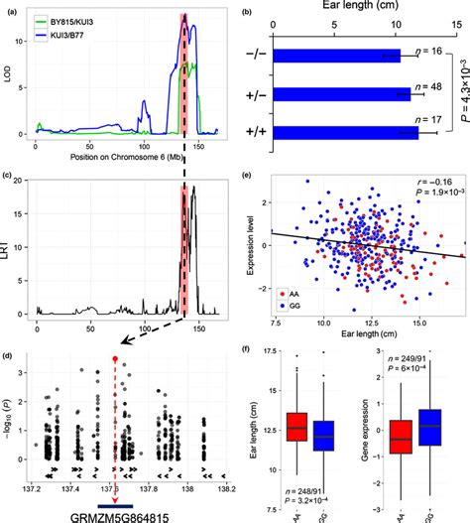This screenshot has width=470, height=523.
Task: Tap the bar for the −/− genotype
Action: tap(333, 56)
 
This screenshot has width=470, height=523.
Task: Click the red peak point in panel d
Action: tap(115, 359)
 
